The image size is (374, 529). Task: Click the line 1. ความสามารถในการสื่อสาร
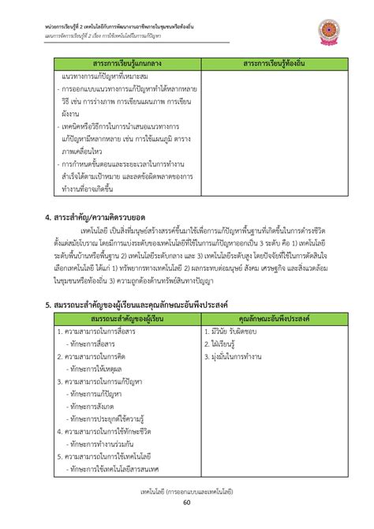[96, 331]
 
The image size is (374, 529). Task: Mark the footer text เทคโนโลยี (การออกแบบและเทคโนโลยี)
[187, 491]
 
